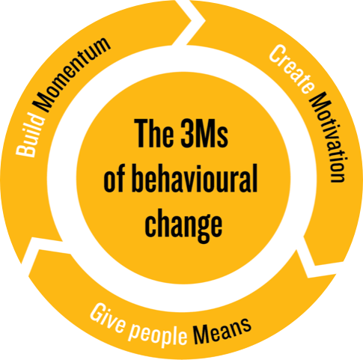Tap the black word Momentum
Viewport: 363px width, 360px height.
click(x=73, y=74)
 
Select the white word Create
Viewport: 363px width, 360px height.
click(x=291, y=69)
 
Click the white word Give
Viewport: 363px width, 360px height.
click(x=107, y=319)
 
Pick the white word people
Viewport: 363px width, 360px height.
click(x=158, y=335)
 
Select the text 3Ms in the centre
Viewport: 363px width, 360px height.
click(x=204, y=134)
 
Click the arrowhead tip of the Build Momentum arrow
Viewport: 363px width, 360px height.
click(x=192, y=21)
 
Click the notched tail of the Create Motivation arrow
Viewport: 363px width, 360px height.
click(x=204, y=21)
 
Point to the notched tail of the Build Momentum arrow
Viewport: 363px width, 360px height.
click(x=32, y=238)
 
